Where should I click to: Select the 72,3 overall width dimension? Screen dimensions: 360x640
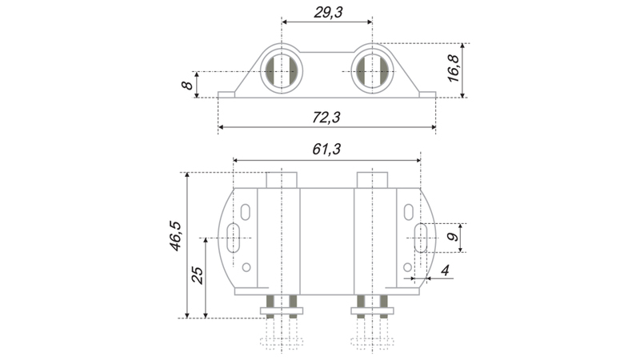pyautogui.click(x=326, y=118)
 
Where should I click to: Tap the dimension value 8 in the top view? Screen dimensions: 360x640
pyautogui.click(x=187, y=84)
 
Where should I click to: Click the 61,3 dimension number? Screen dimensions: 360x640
pyautogui.click(x=326, y=149)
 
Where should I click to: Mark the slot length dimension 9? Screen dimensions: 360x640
pyautogui.click(x=452, y=238)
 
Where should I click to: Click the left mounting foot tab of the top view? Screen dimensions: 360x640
pyautogui.click(x=226, y=94)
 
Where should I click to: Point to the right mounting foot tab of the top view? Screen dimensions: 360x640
pyautogui.click(x=427, y=94)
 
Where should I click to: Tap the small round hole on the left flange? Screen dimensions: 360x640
pyautogui.click(x=246, y=267)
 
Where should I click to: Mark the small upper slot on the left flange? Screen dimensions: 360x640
pyautogui.click(x=246, y=210)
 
